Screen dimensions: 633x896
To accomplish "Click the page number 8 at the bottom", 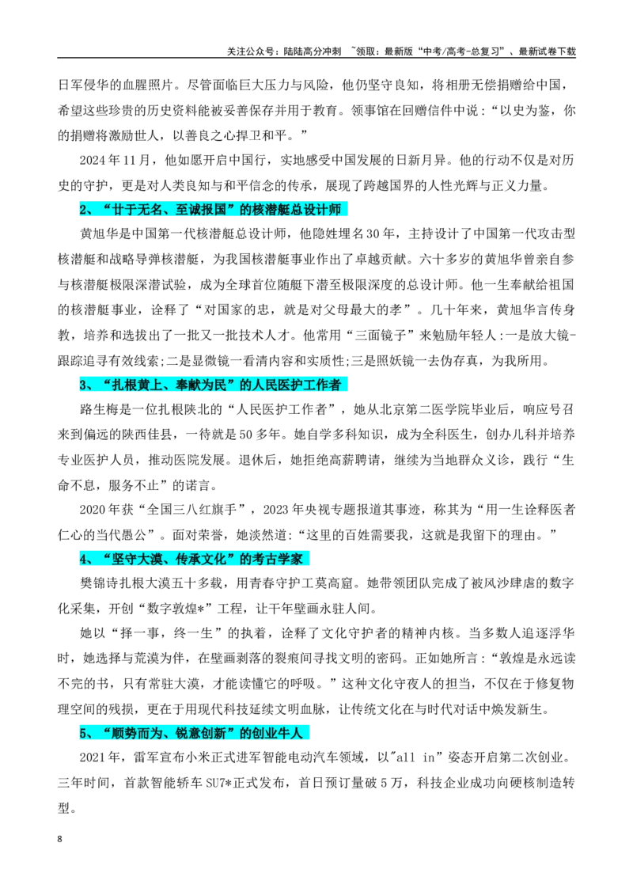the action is [60, 839].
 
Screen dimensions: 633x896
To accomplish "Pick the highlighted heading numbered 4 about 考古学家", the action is [195, 558].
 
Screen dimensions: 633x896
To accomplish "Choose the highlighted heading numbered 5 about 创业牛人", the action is [195, 733].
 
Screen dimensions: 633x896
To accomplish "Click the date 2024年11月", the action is [115, 160].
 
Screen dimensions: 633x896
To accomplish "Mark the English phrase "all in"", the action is [415, 757].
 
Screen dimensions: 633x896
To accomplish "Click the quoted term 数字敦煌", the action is [172, 608].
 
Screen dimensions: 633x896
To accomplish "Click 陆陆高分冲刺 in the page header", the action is [312, 51].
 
